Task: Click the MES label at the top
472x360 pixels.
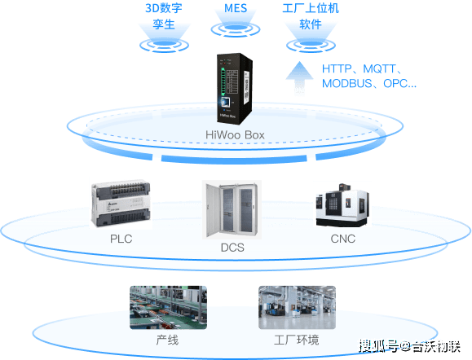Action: [236, 8]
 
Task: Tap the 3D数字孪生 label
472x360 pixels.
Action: [164, 16]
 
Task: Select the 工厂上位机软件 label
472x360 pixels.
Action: [311, 16]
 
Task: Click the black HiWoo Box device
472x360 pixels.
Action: [235, 89]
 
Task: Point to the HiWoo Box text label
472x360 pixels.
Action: [235, 135]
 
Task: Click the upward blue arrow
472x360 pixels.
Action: [299, 77]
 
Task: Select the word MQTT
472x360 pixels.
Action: [379, 69]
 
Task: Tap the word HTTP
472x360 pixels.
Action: [337, 69]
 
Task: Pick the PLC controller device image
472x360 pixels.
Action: [121, 204]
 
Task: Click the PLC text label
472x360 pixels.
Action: [121, 239]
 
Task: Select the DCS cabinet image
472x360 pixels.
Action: [232, 209]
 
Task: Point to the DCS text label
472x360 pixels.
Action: [232, 248]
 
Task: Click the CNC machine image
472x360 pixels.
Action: [342, 204]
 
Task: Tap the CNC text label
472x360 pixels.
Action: [343, 239]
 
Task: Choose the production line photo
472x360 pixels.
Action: [168, 307]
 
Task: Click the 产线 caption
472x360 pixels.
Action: [167, 340]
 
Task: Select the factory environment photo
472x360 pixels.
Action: [297, 307]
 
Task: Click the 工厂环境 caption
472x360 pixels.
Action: [297, 340]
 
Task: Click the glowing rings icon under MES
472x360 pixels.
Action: [236, 29]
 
